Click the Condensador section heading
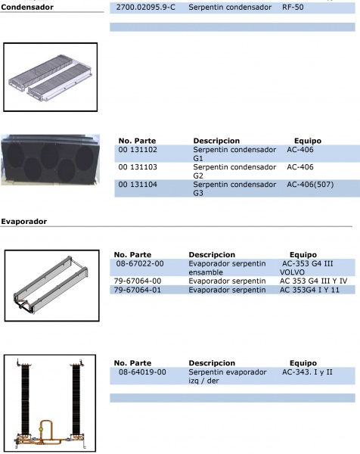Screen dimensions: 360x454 (27, 8)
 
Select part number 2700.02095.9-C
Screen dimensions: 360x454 (145, 8)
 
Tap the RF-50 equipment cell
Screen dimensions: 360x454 (293, 8)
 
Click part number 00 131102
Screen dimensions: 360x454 (138, 150)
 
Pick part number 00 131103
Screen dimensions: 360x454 (138, 167)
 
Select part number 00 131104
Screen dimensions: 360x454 (138, 185)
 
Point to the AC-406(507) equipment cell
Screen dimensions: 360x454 (310, 185)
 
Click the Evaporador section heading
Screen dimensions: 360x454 (23, 222)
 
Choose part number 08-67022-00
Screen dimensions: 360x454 (140, 264)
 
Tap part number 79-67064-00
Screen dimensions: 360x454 (138, 281)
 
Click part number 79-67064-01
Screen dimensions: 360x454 (138, 290)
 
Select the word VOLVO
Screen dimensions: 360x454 (292, 272)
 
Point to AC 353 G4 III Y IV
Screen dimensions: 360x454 (313, 281)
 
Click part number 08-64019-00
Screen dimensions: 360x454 (142, 372)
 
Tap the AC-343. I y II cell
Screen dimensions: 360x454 (307, 372)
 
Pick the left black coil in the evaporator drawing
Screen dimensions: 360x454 (25, 400)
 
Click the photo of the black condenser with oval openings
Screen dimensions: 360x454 (51, 160)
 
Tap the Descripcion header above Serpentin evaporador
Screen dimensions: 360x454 (212, 363)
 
